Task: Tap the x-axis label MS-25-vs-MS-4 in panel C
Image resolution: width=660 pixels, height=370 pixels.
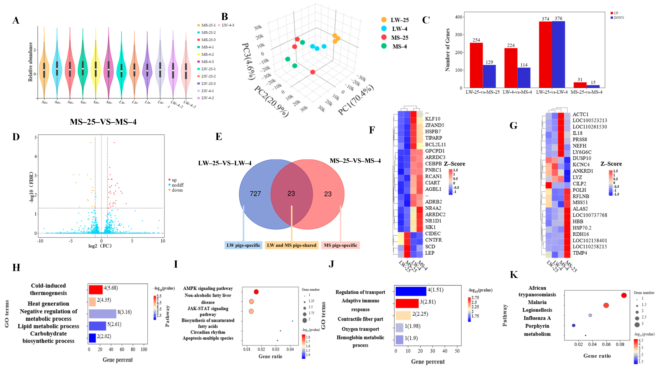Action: [586, 92]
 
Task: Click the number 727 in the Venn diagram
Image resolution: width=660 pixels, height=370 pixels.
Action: [255, 194]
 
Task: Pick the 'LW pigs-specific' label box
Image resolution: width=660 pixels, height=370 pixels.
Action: [243, 245]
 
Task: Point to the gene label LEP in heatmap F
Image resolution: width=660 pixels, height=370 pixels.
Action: [430, 253]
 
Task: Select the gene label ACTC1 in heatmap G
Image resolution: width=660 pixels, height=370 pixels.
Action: [580, 114]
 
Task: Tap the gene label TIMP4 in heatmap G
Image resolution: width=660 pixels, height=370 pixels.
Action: [580, 253]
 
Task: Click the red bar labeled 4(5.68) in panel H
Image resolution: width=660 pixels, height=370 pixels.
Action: [96, 290]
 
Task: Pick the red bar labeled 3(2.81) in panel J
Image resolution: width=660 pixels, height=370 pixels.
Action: [407, 303]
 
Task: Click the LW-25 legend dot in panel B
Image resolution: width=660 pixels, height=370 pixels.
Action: [384, 20]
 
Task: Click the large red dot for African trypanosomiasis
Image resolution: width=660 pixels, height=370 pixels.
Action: [624, 295]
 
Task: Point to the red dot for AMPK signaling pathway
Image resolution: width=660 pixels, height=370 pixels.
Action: [256, 292]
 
